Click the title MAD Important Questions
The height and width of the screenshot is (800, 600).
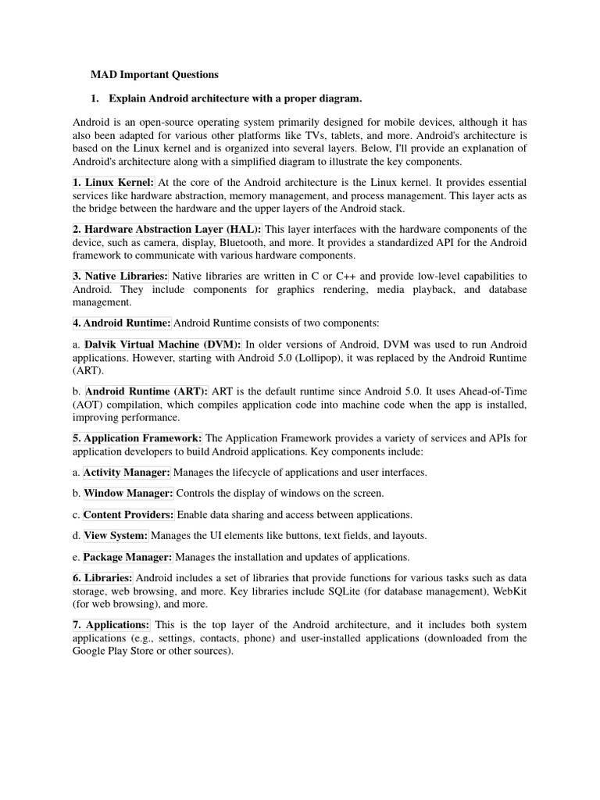[x=155, y=75]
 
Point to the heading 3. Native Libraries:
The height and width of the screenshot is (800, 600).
[x=120, y=276]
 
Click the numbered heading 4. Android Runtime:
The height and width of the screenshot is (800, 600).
[x=121, y=322]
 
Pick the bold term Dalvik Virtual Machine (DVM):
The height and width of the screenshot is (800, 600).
[x=162, y=345]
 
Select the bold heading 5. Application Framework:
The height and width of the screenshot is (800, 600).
[x=137, y=438]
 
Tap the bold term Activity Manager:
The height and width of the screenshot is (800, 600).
[x=127, y=472]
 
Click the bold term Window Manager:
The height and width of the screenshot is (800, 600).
[x=128, y=493]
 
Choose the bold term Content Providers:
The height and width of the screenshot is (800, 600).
[x=129, y=514]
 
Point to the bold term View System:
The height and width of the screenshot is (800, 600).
[x=116, y=535]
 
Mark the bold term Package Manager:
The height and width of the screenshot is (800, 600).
[x=127, y=557]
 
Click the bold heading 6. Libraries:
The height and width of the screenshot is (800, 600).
[x=103, y=577]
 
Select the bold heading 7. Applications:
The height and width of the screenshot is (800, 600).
[x=111, y=625]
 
